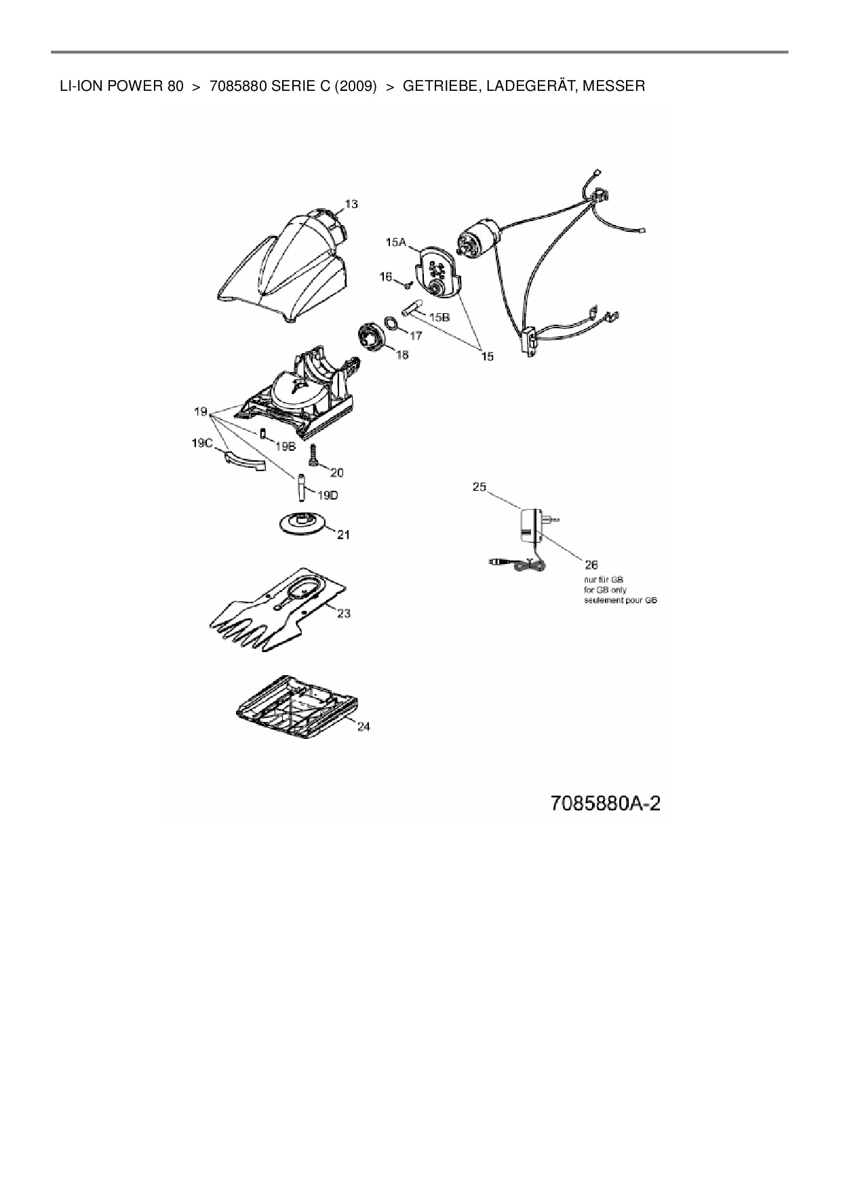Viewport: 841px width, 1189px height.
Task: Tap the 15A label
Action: click(396, 242)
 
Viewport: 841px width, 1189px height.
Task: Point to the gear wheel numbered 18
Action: click(372, 338)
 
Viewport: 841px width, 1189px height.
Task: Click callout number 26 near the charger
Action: click(591, 564)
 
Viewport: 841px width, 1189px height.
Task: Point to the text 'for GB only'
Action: click(605, 590)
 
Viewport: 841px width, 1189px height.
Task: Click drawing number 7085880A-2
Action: click(606, 803)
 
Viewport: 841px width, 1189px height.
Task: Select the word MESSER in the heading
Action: click(614, 86)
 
